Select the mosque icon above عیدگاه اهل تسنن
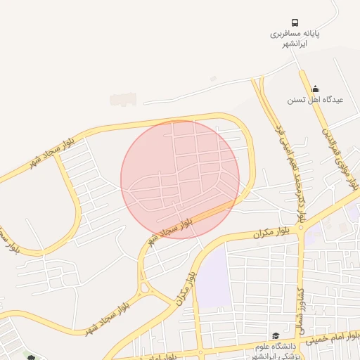(x=315, y=89)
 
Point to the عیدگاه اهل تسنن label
(x=314, y=100)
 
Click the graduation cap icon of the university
(x=276, y=335)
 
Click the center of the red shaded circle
(x=180, y=179)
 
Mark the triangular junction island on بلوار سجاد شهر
(x=146, y=287)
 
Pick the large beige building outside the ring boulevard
(x=123, y=99)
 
